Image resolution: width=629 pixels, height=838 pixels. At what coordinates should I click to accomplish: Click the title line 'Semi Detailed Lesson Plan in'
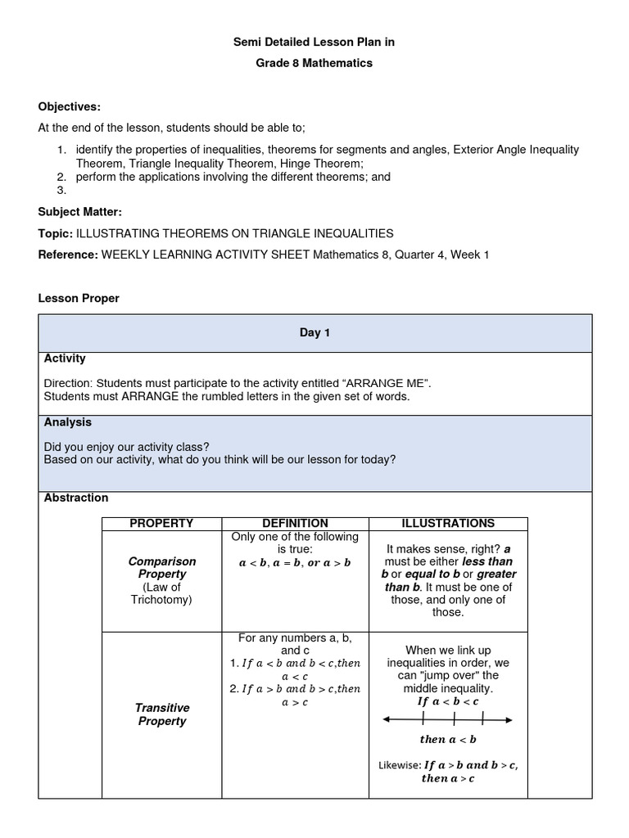click(x=314, y=42)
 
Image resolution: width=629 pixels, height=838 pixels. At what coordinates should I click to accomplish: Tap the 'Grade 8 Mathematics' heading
click(x=314, y=63)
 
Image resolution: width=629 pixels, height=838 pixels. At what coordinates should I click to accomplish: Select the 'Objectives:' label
click(x=70, y=107)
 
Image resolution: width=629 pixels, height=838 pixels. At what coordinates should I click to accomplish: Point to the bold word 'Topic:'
click(x=56, y=233)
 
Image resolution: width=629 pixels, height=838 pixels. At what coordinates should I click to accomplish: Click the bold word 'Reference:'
click(x=68, y=255)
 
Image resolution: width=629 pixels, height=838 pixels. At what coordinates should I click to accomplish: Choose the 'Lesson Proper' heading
click(x=79, y=299)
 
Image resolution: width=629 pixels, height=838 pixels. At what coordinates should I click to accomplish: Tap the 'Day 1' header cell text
click(x=314, y=333)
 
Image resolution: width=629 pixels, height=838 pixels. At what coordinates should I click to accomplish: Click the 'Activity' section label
click(x=65, y=358)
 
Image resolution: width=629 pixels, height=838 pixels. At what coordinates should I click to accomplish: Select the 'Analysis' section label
click(x=68, y=422)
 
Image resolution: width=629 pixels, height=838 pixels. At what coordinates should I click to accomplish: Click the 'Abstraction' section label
click(x=76, y=498)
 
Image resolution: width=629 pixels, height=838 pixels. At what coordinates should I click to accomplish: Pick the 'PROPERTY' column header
click(x=162, y=524)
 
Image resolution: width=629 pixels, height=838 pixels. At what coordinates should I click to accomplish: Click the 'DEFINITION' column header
click(x=295, y=524)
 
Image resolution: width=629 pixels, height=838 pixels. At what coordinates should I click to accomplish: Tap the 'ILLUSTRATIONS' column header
click(x=448, y=524)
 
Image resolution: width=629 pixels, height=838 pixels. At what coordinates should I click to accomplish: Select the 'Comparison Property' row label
click(x=162, y=568)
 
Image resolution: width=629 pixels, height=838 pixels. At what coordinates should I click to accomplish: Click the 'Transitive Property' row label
click(x=162, y=714)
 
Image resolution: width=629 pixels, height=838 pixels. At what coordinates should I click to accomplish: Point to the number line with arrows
click(x=448, y=720)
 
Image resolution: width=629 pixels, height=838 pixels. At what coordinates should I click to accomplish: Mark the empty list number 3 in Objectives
click(x=61, y=190)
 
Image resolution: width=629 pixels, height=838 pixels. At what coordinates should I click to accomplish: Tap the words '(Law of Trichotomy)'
click(x=162, y=593)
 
